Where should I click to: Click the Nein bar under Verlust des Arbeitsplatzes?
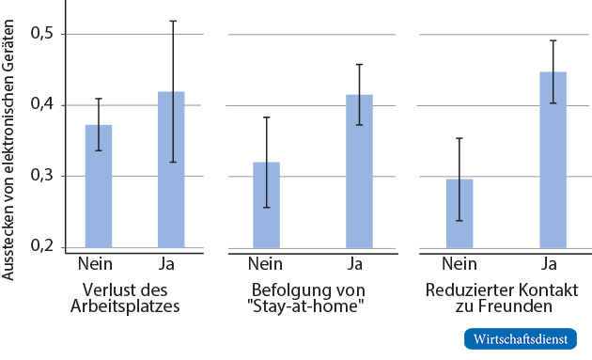[99, 187]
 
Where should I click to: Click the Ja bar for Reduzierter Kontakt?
[553, 160]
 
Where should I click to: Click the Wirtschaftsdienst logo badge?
[520, 338]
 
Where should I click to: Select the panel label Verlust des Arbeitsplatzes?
[132, 297]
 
